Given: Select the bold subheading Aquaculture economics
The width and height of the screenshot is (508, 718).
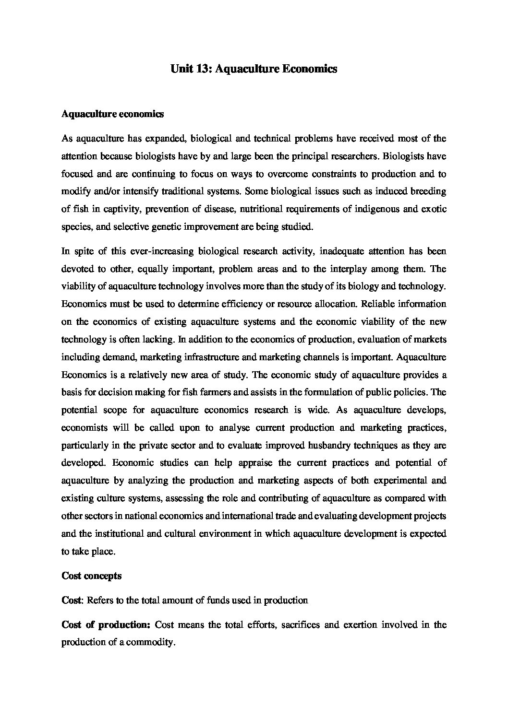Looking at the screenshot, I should (113, 114).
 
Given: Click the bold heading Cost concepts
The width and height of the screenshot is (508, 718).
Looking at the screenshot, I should (91, 576).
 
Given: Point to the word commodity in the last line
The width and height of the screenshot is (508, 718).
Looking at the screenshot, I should (149, 643).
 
